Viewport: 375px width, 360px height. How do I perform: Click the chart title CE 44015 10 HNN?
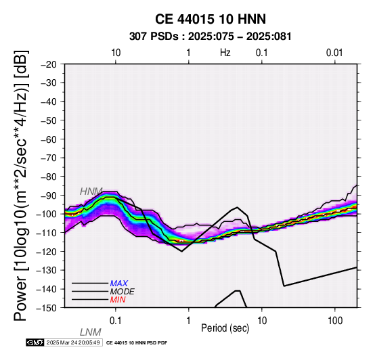(211, 19)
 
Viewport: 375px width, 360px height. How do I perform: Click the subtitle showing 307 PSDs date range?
(211, 37)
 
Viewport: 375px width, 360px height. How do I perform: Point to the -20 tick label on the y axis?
(49, 64)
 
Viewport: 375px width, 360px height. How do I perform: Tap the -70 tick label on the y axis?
(49, 158)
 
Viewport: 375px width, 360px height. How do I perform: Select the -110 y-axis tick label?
(47, 233)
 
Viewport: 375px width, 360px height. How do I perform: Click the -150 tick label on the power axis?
(47, 308)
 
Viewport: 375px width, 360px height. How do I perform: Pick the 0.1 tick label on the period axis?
(115, 321)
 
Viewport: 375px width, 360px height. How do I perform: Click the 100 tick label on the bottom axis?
(335, 321)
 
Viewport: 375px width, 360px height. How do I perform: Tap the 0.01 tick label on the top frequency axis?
(334, 53)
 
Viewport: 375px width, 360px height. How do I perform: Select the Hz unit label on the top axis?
(225, 53)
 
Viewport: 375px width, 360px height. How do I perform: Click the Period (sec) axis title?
(225, 328)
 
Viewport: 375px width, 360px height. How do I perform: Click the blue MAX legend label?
(119, 284)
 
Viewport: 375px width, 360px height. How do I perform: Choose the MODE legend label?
(123, 292)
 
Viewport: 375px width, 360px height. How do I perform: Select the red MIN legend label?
(118, 300)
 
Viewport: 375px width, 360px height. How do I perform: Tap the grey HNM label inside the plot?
(91, 192)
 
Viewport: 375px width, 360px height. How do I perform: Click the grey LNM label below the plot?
(91, 332)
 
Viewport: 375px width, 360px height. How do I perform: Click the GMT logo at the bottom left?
(35, 342)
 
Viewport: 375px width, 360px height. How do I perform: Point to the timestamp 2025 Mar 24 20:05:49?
(73, 342)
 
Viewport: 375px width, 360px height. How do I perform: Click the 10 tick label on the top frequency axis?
(116, 53)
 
